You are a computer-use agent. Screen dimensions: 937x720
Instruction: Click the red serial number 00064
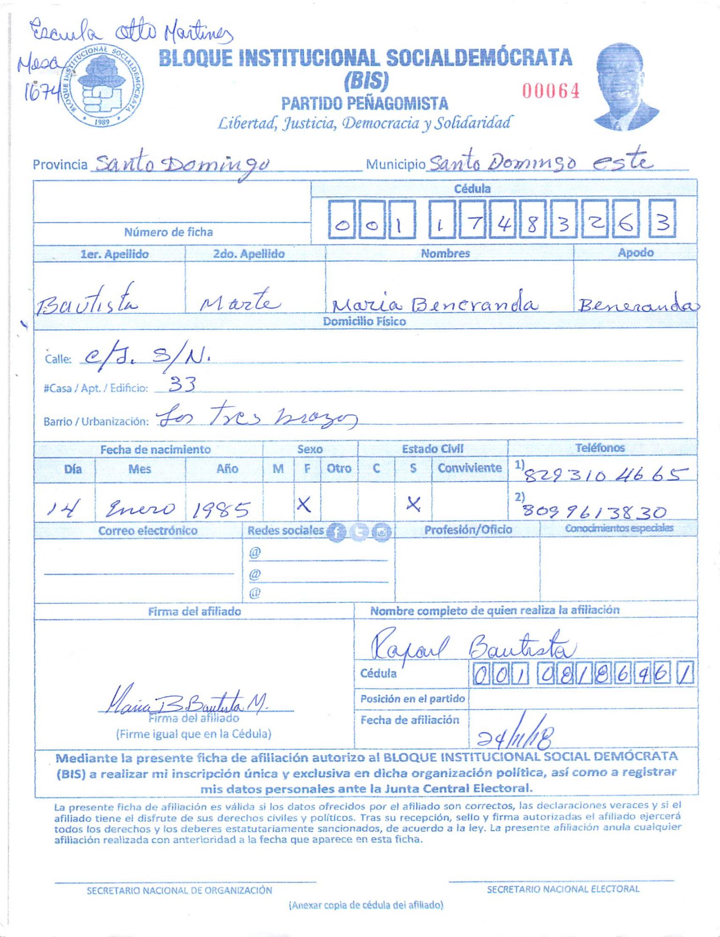coord(551,90)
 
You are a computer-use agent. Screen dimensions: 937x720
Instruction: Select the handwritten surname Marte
coord(240,301)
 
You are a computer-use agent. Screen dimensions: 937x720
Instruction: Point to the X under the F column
coord(304,505)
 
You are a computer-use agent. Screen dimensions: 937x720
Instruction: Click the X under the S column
coord(413,504)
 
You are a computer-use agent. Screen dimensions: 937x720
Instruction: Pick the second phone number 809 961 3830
coord(594,511)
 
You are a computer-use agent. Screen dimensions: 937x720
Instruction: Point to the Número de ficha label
coord(168,232)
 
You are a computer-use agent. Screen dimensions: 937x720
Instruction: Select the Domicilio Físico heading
coord(364,322)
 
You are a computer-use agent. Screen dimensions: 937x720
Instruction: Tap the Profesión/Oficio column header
coord(468,530)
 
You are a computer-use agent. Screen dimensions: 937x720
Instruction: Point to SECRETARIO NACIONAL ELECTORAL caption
coord(562,889)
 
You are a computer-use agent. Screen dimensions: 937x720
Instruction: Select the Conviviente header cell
coord(469,468)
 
